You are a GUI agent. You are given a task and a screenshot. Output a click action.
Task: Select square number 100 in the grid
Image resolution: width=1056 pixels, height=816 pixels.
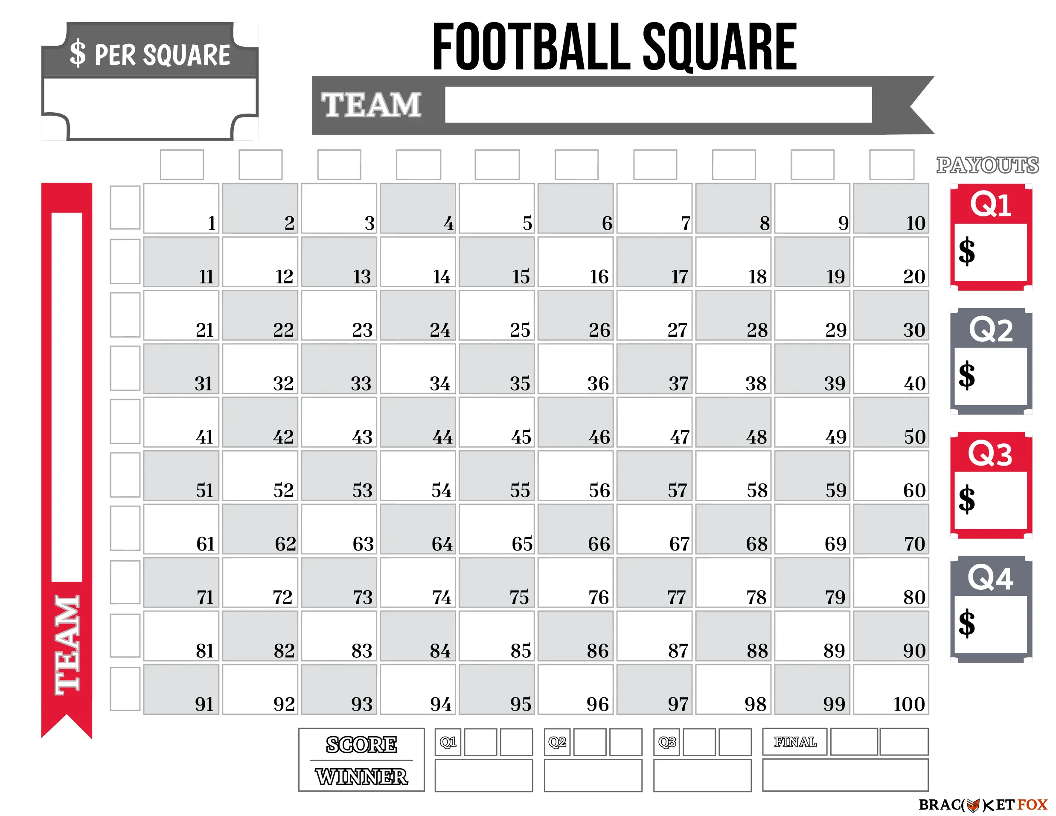[x=890, y=689]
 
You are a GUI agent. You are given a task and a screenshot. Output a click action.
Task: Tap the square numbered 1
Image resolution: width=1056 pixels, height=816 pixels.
[x=181, y=208]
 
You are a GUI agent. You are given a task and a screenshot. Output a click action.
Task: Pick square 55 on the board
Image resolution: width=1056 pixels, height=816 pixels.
[x=497, y=475]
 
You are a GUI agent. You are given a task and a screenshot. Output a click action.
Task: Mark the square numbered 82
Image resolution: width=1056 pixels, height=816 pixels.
[x=260, y=635]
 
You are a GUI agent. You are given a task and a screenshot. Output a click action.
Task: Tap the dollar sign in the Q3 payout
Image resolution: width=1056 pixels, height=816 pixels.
[x=966, y=499]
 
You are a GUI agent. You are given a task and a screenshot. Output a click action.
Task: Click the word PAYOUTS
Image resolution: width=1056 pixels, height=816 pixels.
[x=987, y=166]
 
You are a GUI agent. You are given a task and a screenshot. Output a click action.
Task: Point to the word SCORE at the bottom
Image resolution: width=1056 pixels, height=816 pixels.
[x=361, y=744]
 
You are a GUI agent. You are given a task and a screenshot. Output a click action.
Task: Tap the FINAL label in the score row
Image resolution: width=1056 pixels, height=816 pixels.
[x=794, y=741]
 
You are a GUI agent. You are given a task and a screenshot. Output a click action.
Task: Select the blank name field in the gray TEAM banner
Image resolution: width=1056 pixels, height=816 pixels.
[x=658, y=105]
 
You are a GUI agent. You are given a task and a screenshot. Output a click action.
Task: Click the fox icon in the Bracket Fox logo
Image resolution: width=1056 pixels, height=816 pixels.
[x=973, y=805]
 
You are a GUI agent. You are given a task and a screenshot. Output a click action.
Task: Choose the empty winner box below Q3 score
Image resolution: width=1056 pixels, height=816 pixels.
[x=702, y=775]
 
